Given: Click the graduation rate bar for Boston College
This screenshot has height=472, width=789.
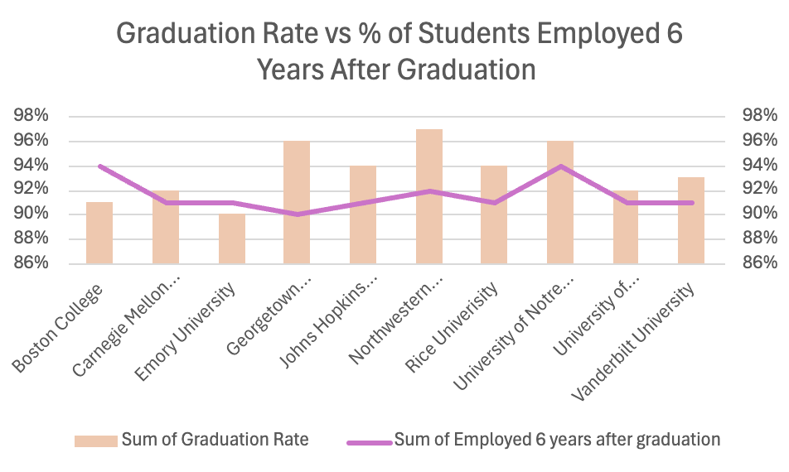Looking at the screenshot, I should pos(99,233).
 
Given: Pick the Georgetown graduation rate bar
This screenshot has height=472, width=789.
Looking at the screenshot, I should pos(297,202).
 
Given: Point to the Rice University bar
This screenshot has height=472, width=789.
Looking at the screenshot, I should pos(495,214).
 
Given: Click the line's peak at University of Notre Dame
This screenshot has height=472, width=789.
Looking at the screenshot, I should pos(561,166).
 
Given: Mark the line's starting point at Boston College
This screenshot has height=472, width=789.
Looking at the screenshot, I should pos(100,166).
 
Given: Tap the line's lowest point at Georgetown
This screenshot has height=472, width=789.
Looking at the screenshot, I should pos(298,214).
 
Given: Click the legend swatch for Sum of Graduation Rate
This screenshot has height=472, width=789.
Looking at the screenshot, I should pos(95,441).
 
